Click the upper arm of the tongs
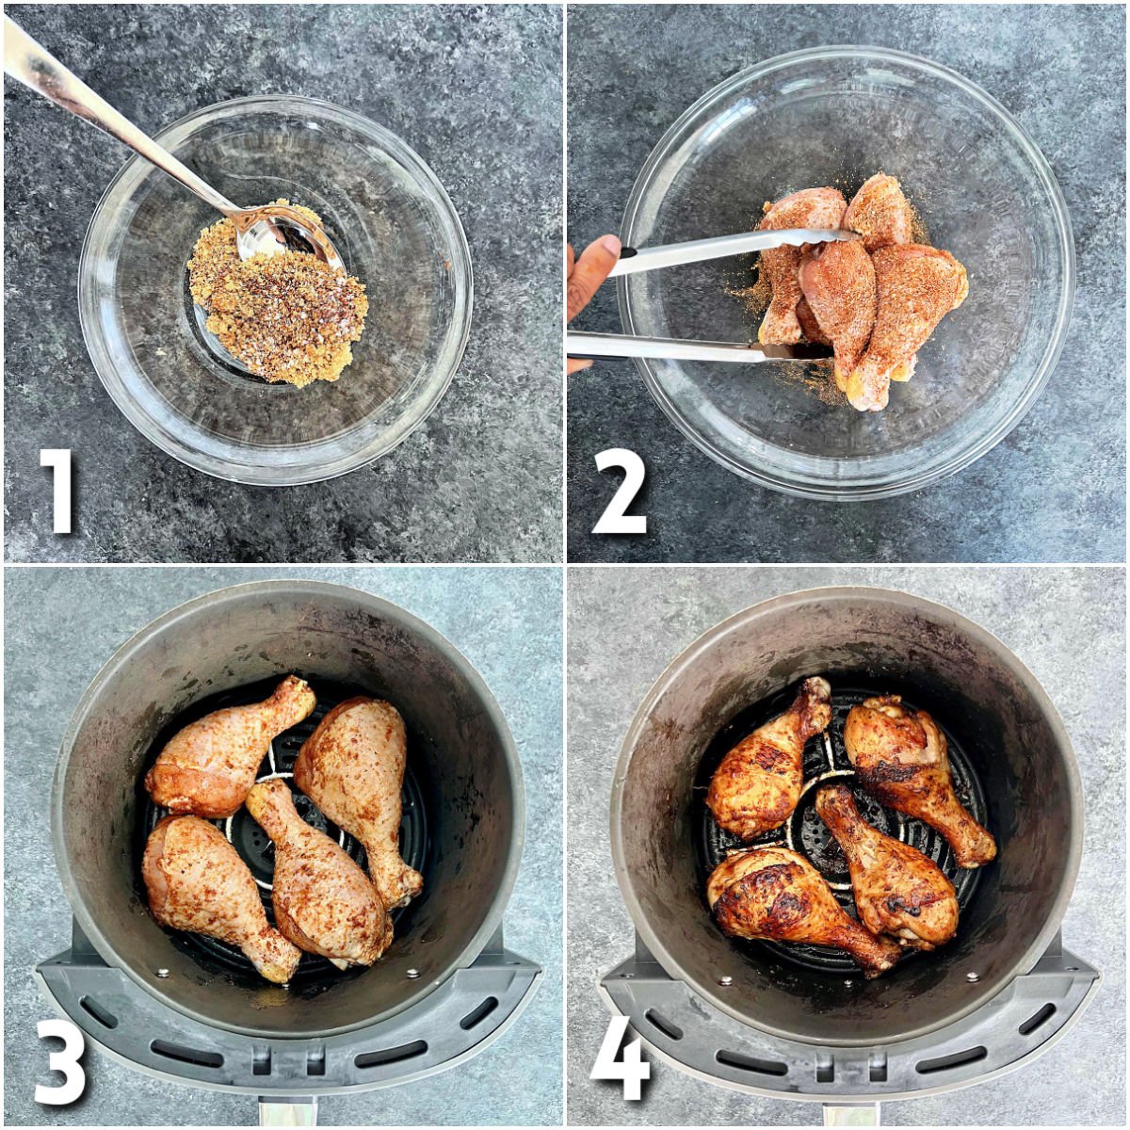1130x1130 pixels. pyautogui.click(x=725, y=250)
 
